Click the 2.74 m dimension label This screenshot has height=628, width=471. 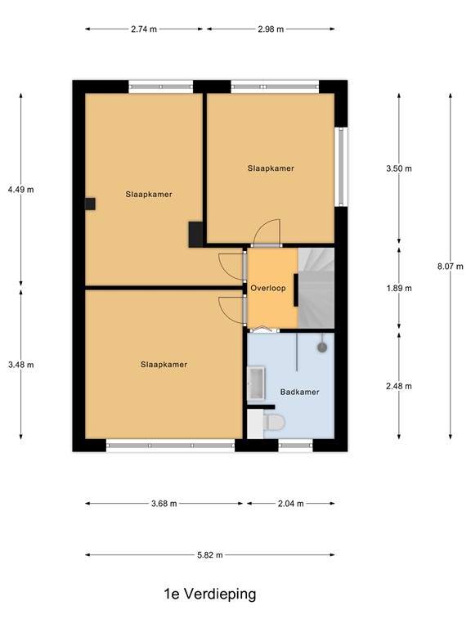coord(144,29)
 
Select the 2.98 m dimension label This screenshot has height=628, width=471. coord(270,29)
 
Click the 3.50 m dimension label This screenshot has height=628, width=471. coord(399,168)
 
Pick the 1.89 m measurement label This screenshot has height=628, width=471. coord(399,288)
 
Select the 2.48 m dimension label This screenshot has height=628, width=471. coord(399,386)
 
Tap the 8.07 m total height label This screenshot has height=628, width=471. coord(451,266)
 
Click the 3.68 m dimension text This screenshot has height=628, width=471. coord(164,504)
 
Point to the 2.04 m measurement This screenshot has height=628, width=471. coord(290,504)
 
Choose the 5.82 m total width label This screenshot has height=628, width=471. coord(210,555)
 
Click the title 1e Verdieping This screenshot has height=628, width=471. coord(209,594)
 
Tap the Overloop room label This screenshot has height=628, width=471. coord(267,288)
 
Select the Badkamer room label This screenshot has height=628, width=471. coord(299,392)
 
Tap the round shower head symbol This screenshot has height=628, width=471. coord(322,347)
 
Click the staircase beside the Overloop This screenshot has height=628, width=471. coord(317,286)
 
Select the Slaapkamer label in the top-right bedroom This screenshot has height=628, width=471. coord(271,168)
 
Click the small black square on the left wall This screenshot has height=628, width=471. coord(90,204)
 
